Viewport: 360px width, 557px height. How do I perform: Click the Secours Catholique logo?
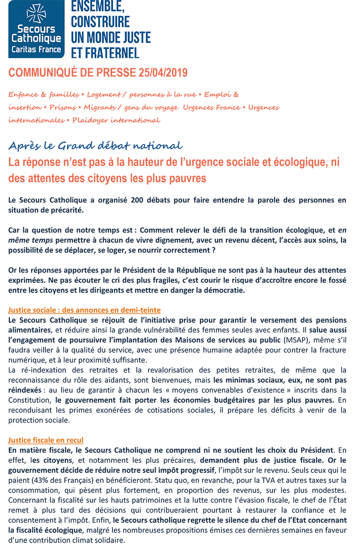36,29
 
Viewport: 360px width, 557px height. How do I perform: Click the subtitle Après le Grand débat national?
95,146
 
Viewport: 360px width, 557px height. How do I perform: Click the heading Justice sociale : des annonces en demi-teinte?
85,310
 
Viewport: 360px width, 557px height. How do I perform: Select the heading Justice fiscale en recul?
46,440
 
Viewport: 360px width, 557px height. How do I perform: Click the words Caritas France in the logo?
36,49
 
